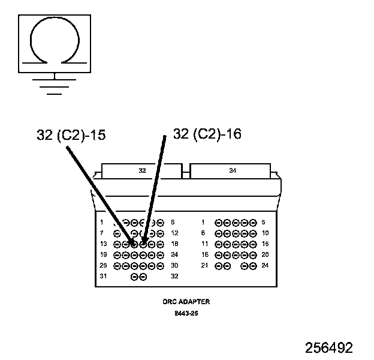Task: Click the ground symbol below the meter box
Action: pos(55,84)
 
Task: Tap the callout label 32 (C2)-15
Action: pos(71,135)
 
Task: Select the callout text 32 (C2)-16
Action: pos(207,134)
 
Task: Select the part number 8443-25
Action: pos(186,313)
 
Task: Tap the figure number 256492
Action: pos(328,348)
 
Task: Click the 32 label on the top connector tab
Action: pos(142,170)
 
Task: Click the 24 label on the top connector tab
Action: pos(233,170)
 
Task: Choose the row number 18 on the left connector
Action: pos(174,244)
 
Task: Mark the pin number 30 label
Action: pos(174,265)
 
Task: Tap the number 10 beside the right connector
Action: pos(266,233)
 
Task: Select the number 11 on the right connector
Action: pos(204,244)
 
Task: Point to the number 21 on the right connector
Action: pos(204,265)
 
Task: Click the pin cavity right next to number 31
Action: pos(134,277)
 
